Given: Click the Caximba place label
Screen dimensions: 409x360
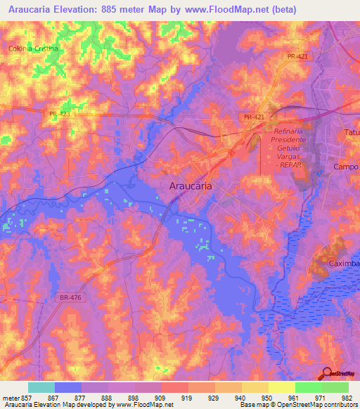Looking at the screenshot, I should [344, 264].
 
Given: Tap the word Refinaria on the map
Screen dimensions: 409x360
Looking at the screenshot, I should [285, 131].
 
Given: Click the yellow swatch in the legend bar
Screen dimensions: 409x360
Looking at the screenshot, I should [281, 387].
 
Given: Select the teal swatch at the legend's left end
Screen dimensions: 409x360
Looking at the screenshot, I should [41, 387].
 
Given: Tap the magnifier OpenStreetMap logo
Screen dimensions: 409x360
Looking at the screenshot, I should [327, 373].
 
